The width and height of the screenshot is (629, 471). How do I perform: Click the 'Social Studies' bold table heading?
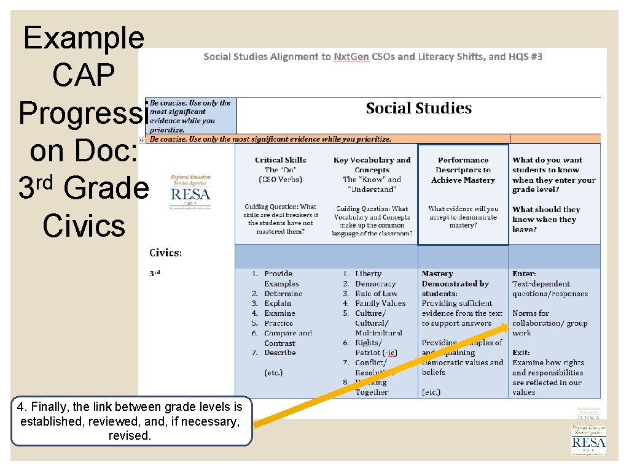[418, 109]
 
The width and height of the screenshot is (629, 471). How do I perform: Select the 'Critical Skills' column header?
[280, 160]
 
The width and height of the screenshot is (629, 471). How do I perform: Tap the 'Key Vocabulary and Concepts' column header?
[372, 165]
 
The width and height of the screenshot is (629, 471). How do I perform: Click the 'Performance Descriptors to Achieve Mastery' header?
[463, 170]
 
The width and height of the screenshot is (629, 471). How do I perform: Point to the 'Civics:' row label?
[166, 253]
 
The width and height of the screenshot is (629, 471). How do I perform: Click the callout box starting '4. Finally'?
[131, 421]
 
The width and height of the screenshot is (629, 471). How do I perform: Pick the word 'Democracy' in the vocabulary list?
[375, 284]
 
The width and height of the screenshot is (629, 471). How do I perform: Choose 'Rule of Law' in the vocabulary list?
[376, 294]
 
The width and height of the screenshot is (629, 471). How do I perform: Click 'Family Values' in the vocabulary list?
[380, 304]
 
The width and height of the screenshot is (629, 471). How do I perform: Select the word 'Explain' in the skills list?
[278, 304]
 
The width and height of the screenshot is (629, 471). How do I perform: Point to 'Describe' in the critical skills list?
[279, 353]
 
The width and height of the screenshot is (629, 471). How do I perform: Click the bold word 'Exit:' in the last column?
[522, 353]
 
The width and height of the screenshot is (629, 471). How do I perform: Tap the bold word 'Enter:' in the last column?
[524, 274]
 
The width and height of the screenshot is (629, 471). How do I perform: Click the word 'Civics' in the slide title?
[84, 226]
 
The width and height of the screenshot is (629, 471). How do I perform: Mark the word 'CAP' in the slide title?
[84, 76]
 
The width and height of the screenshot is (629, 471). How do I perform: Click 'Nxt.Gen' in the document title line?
[351, 57]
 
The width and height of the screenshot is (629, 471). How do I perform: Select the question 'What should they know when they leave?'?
[546, 219]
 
